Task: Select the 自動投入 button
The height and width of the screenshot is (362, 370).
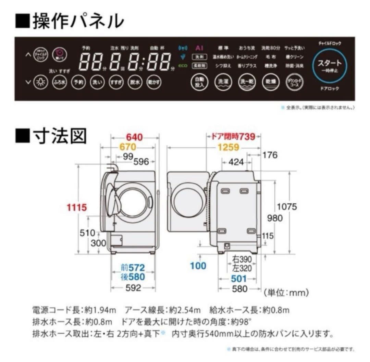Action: click(199, 82)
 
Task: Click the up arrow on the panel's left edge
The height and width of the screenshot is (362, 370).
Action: click(28, 55)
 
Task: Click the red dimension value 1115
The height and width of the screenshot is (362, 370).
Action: click(77, 207)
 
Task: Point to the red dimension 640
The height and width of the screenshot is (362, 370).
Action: click(135, 137)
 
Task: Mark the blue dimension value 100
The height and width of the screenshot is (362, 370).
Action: click(199, 265)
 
